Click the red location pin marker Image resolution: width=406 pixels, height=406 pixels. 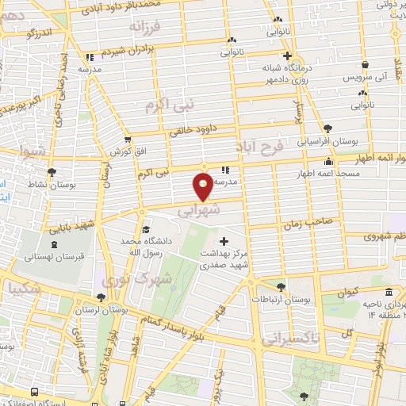[204, 186]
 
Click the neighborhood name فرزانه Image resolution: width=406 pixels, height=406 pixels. [147, 27]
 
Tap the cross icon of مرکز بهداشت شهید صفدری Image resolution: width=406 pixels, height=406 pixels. [224, 241]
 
